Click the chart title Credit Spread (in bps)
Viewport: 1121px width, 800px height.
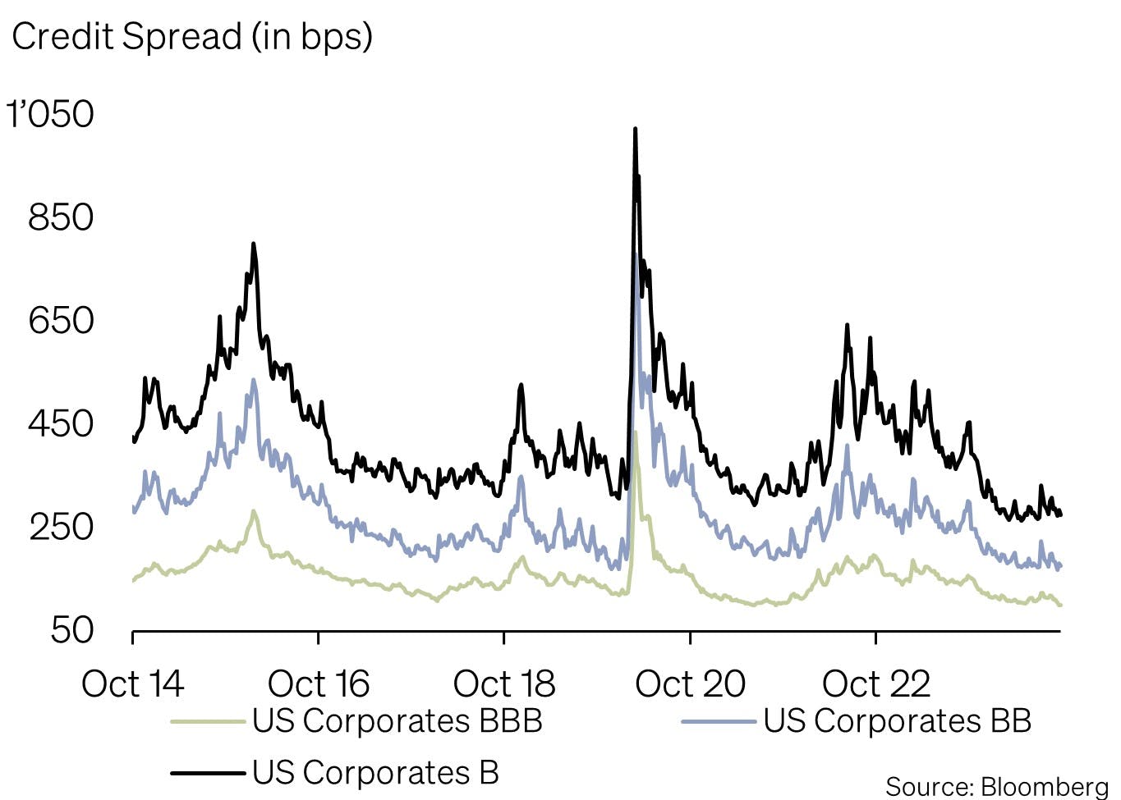tap(192, 37)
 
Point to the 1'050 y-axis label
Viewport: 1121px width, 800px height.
tap(51, 114)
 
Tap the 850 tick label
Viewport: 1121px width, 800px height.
tap(61, 217)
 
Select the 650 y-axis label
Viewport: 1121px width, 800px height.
tap(61, 320)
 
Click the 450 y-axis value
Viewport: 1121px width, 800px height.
tap(61, 423)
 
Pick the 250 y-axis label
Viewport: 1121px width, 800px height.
tap(61, 527)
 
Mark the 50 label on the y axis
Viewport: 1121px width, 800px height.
tap(71, 630)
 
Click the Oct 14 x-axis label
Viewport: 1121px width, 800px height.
tap(132, 683)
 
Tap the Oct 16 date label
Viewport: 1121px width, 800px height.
tap(319, 683)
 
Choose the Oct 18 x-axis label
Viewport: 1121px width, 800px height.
tap(504, 683)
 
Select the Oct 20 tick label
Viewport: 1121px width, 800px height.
tap(690, 683)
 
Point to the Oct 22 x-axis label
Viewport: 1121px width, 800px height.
tap(875, 683)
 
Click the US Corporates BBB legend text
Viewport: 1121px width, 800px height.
tap(397, 721)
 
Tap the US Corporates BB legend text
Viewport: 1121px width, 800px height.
tap(897, 721)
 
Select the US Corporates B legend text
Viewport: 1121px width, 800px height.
tap(375, 772)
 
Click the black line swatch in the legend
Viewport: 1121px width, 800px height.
tap(208, 773)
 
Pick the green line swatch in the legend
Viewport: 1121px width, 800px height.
tap(208, 722)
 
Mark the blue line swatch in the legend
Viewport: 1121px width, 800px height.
tap(719, 722)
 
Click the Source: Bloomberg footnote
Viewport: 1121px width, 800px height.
tap(996, 786)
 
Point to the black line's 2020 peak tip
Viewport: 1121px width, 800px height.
tap(635, 130)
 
